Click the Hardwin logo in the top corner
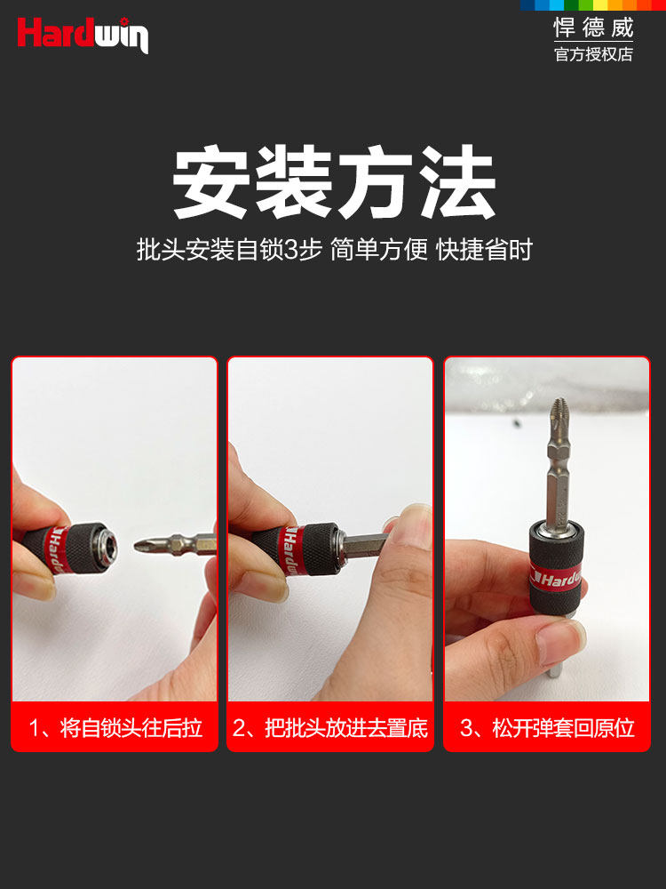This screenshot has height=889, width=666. (83, 35)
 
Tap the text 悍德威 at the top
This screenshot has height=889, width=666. (593, 28)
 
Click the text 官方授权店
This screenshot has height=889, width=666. (593, 54)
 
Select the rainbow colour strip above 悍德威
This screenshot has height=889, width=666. (593, 4)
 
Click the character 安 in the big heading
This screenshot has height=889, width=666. (212, 181)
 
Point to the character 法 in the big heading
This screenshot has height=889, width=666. (457, 181)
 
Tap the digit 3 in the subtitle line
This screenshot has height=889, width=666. (290, 250)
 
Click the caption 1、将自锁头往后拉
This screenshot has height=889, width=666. (115, 728)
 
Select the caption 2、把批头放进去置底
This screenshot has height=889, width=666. (330, 728)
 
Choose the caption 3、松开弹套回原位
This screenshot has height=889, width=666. (547, 728)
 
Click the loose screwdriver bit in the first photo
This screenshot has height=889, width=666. (175, 545)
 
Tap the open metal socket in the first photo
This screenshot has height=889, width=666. (108, 547)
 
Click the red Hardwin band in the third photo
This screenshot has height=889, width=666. (557, 579)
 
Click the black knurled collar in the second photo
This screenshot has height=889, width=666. (320, 549)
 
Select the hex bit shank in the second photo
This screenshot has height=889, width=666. (366, 547)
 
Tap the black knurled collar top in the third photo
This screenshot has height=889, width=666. (557, 542)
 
